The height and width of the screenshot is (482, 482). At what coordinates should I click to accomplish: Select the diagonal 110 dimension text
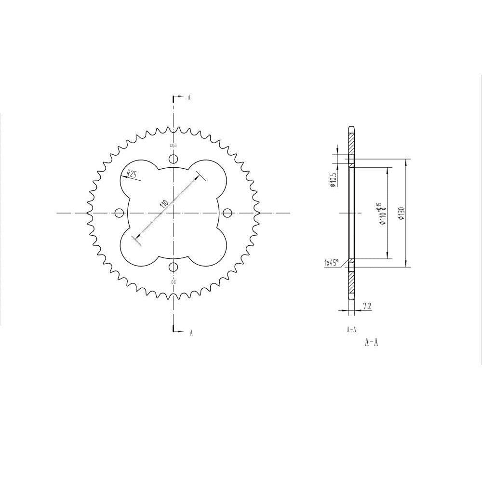coord(164,203)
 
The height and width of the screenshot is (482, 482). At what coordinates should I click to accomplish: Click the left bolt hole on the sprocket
coord(119,212)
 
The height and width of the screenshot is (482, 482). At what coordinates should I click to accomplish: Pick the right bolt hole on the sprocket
coord(227,212)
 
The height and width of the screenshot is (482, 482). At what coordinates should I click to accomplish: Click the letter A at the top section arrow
coord(189,97)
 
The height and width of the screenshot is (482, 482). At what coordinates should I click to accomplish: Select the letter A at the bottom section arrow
coord(191,333)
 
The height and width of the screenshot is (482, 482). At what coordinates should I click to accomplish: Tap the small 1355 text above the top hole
coord(173,145)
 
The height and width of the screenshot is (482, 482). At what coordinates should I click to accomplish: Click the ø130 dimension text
coord(401,213)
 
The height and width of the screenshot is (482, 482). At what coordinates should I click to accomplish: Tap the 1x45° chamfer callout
coord(332,263)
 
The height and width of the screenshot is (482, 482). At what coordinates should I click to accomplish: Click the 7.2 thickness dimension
coord(366,306)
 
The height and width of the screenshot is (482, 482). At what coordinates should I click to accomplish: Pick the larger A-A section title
coord(371,343)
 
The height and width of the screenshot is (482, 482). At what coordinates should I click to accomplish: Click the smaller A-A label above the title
coord(351,330)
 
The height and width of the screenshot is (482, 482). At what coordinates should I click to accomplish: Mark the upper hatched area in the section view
coord(351,144)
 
